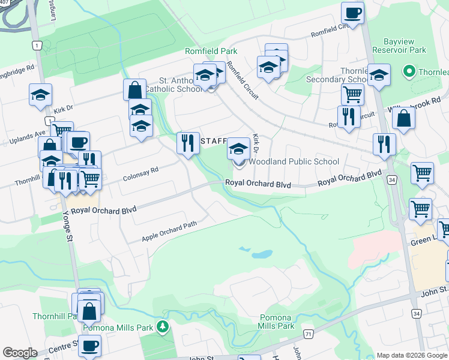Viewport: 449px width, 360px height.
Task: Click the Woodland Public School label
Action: tap(294, 161)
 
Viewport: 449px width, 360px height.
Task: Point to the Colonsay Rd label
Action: tap(140, 175)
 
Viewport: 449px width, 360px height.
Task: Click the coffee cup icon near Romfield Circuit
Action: tap(352, 13)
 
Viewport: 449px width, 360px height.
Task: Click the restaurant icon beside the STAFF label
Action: tap(188, 143)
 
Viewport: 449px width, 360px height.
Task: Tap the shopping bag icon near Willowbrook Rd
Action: tap(404, 118)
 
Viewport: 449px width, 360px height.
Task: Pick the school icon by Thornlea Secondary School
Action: tap(379, 76)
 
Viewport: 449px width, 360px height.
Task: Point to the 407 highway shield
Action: tap(4, 2)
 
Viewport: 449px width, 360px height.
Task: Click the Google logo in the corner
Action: tap(20, 353)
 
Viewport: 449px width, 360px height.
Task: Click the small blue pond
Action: tap(262, 254)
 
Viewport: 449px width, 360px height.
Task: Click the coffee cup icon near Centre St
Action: tap(90, 346)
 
